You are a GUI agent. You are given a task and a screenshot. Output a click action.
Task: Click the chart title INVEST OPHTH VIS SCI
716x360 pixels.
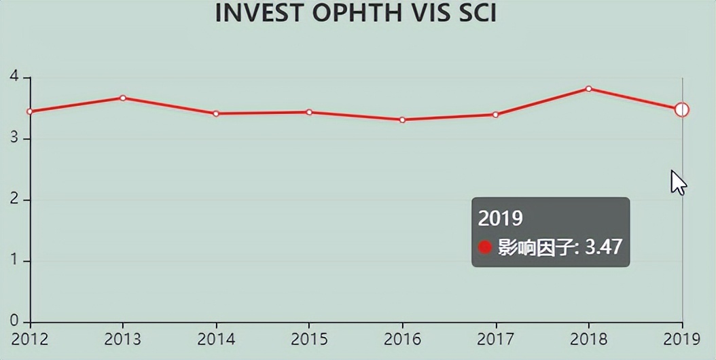pyautogui.click(x=355, y=13)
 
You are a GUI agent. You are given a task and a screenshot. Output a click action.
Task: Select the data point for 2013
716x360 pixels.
pyautogui.click(x=123, y=98)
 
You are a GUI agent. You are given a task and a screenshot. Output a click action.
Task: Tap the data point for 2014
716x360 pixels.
pyautogui.click(x=216, y=113)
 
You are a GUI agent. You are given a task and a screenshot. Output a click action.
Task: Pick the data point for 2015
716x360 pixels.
pyautogui.click(x=309, y=112)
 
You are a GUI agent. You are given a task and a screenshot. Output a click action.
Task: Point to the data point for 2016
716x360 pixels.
pyautogui.click(x=402, y=120)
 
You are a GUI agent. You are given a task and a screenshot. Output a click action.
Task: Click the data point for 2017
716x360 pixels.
pyautogui.click(x=495, y=115)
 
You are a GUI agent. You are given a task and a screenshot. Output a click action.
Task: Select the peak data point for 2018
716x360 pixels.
pyautogui.click(x=588, y=88)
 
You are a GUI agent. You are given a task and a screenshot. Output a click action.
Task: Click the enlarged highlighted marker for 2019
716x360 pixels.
pyautogui.click(x=682, y=109)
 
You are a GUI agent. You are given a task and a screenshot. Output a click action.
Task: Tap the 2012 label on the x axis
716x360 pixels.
pyautogui.click(x=30, y=339)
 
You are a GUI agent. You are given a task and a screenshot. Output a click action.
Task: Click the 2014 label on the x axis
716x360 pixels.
pyautogui.click(x=216, y=339)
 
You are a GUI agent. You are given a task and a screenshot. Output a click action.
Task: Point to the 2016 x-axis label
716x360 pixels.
pyautogui.click(x=402, y=339)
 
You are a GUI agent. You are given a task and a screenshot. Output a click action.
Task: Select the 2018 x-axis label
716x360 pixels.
pyautogui.click(x=588, y=339)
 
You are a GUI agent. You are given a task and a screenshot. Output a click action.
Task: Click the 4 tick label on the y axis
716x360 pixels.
pyautogui.click(x=14, y=77)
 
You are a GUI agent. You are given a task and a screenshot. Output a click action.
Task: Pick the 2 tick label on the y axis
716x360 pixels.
pyautogui.click(x=14, y=200)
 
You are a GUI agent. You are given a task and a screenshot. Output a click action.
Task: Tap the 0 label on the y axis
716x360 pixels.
pyautogui.click(x=14, y=321)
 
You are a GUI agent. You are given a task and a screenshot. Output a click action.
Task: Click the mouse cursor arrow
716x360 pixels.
pyautogui.click(x=677, y=182)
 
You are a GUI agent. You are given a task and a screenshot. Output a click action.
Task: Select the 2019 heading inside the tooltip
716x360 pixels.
pyautogui.click(x=501, y=218)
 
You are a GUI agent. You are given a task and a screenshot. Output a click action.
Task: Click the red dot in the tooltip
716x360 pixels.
pyautogui.click(x=484, y=247)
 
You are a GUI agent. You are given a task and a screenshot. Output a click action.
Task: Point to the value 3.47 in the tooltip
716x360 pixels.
pyautogui.click(x=603, y=247)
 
